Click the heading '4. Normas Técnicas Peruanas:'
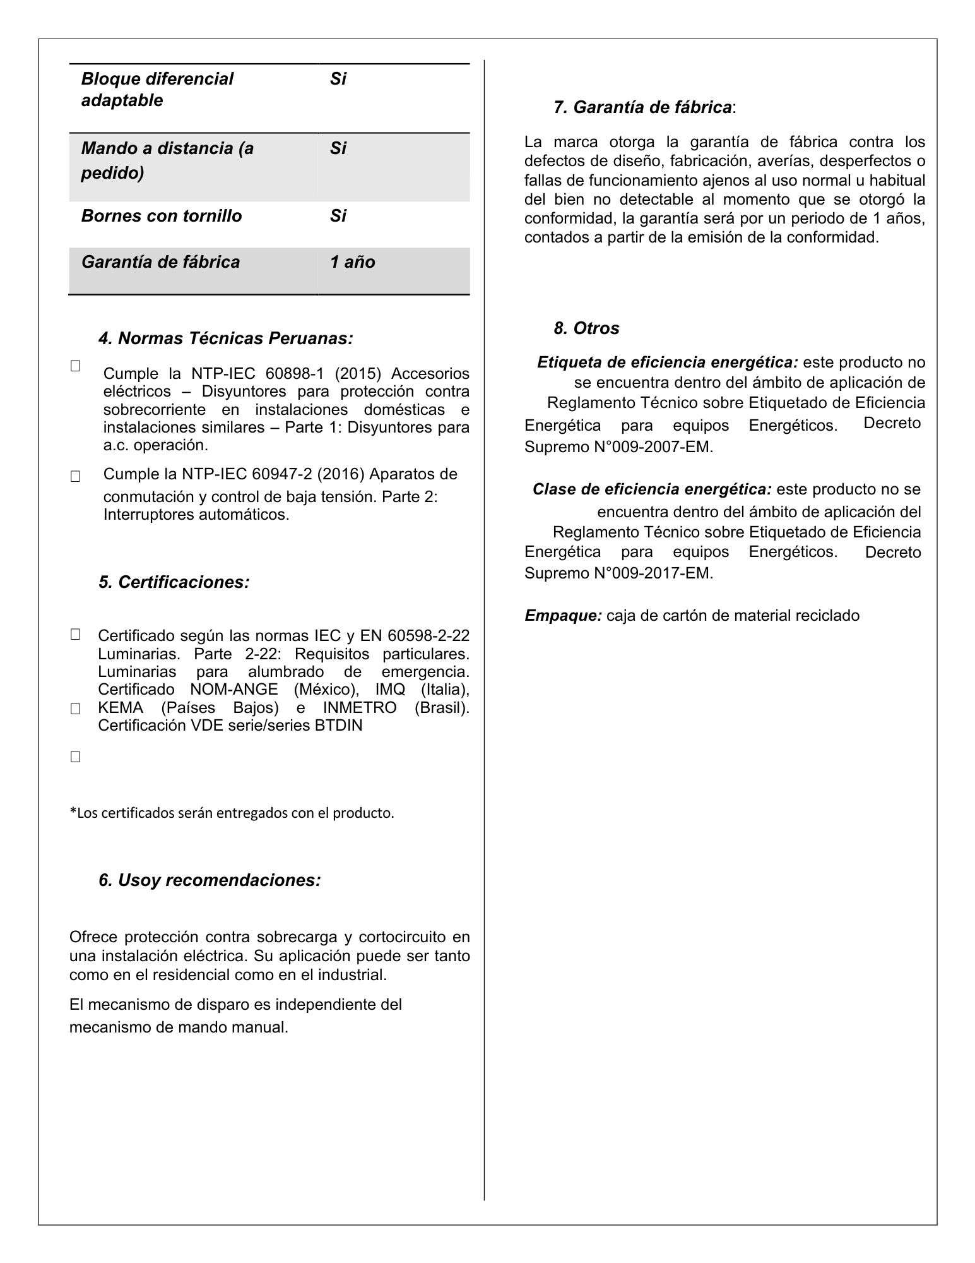pyautogui.click(x=225, y=339)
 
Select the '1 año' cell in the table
pyautogui.click(x=352, y=263)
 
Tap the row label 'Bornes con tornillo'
pyautogui.click(x=162, y=217)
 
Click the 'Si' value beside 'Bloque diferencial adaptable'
pyautogui.click(x=338, y=80)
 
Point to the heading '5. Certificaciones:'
pyautogui.click(x=174, y=582)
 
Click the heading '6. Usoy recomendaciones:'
pyautogui.click(x=210, y=880)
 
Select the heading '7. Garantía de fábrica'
pyautogui.click(x=644, y=108)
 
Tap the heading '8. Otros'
pyautogui.click(x=586, y=328)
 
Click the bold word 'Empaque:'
pyautogui.click(x=563, y=616)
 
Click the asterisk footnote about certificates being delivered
pyautogui.click(x=232, y=813)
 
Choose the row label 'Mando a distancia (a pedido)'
pyautogui.click(x=167, y=160)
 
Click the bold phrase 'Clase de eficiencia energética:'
pyautogui.click(x=652, y=490)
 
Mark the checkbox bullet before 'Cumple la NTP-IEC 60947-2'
pyautogui.click(x=75, y=477)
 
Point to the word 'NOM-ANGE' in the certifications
pyautogui.click(x=234, y=690)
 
